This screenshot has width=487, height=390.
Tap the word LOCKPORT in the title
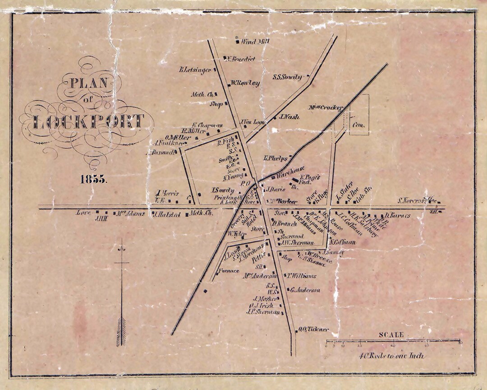point(89,122)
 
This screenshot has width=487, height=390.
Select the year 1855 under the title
point(94,179)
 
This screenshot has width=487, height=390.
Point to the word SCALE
point(391,334)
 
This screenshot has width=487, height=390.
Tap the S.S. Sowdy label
point(287,77)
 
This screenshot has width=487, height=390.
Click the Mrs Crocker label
point(326,107)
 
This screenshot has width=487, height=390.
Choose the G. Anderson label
point(305,290)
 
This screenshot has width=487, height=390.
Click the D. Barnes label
point(397,216)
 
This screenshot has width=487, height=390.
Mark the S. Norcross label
point(417,200)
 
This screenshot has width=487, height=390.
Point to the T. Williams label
point(302,276)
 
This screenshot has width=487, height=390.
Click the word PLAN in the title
point(88,83)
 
